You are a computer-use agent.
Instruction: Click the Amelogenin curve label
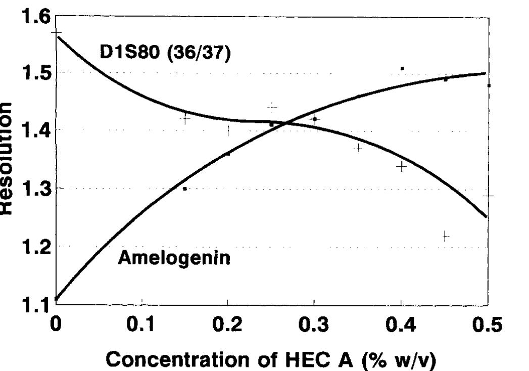(174, 258)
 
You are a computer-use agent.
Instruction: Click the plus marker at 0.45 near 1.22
(445, 236)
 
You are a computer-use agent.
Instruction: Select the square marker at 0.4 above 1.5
(402, 68)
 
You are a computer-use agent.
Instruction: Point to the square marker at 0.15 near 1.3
(185, 189)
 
